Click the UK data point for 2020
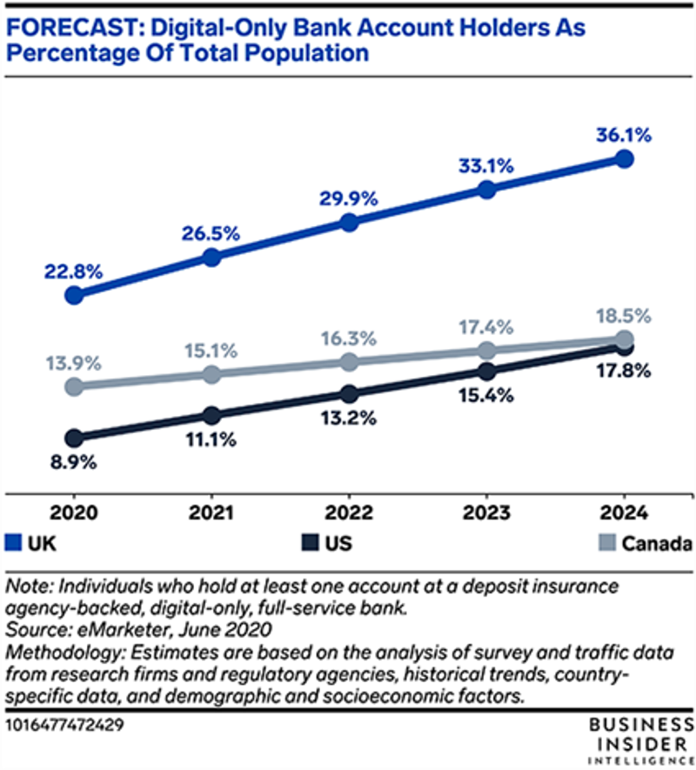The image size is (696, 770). click(74, 295)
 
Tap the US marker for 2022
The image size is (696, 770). click(349, 393)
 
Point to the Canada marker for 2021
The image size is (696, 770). click(211, 374)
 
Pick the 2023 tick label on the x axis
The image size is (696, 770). click(486, 512)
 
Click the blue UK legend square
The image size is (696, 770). click(13, 543)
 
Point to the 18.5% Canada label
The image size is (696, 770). click(622, 314)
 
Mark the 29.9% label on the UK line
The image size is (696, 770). click(348, 198)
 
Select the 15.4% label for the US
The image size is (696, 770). click(486, 395)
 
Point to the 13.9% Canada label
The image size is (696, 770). click(74, 359)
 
